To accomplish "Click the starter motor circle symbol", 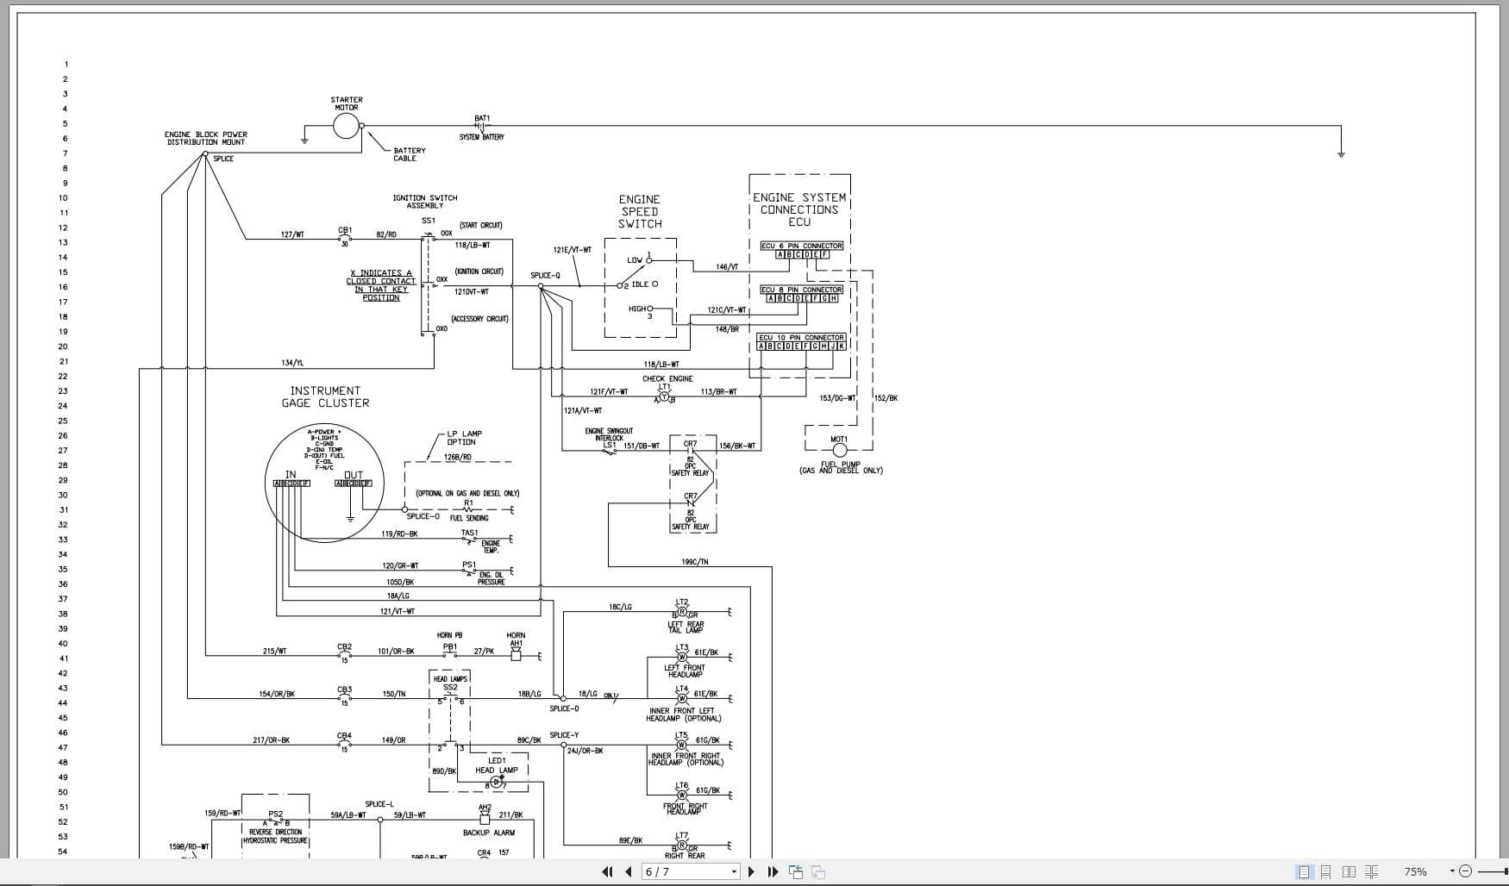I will coord(346,127).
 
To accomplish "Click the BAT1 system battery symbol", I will coord(481,127).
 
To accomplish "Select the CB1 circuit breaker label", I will coord(345,230).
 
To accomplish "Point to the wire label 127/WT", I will coord(292,234).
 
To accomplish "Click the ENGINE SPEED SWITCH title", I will coord(639,211).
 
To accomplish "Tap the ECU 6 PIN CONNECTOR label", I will coord(801,246).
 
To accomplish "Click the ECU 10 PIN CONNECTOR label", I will coord(801,338).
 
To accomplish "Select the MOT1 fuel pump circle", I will coord(839,450).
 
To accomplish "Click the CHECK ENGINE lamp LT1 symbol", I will coord(664,396).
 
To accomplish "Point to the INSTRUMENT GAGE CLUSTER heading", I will coord(325,396).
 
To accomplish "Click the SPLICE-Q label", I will coord(545,276).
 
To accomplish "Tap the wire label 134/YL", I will coord(292,363).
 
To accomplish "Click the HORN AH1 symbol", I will coord(516,655).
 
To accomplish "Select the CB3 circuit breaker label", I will coord(344,689).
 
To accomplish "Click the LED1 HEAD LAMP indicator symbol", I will coord(496,783).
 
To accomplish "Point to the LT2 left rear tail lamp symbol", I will coord(682,612).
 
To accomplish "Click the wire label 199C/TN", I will coord(694,562).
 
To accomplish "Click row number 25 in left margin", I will coord(63,421).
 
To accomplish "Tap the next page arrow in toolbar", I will coord(751,871).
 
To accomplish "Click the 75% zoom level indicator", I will coord(1415,871).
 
